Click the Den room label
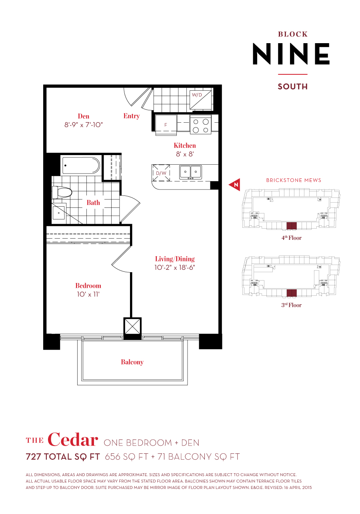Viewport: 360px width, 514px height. point(84,116)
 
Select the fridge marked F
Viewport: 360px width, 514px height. point(166,124)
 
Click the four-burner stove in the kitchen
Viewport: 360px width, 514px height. point(200,125)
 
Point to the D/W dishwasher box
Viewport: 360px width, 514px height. point(161,173)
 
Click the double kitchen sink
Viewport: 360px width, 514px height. point(190,172)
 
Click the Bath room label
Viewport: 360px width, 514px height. point(93,203)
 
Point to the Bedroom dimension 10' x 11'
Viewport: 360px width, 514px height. point(88,294)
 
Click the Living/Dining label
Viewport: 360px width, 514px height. point(175,259)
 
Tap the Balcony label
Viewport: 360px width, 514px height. point(132,362)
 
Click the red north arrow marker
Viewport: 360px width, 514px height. point(235,184)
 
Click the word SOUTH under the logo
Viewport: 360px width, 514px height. point(292,86)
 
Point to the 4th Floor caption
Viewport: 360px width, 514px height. point(292,238)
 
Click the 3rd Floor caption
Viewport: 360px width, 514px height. point(292,305)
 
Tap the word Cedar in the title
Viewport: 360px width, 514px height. point(72,440)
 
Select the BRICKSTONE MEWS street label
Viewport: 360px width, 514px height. point(294,180)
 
